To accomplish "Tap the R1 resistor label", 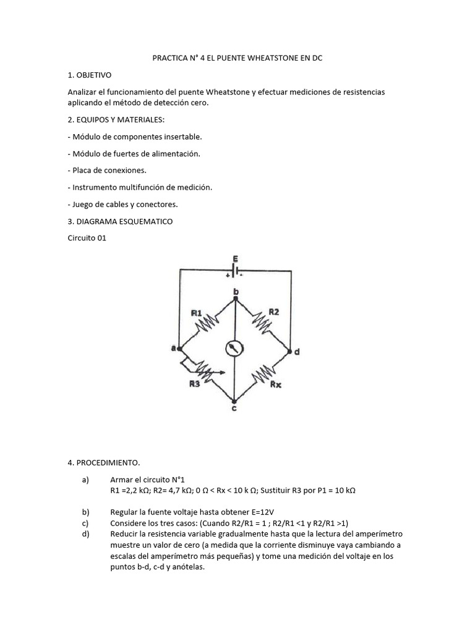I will point(196,313).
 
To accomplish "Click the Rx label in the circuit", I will point(276,384).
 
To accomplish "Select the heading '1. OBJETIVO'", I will point(90,75).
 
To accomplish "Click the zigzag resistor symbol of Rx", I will point(264,373).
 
